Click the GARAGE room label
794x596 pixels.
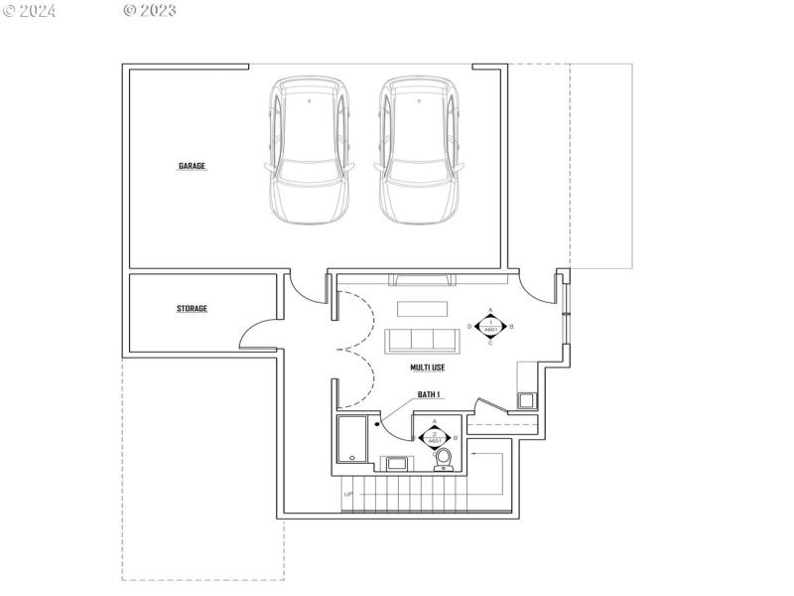pyautogui.click(x=192, y=166)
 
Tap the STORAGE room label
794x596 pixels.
pyautogui.click(x=192, y=309)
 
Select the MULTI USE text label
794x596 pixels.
pyautogui.click(x=428, y=368)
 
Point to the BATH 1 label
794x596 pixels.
pyautogui.click(x=429, y=394)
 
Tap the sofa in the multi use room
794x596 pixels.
pyautogui.click(x=423, y=341)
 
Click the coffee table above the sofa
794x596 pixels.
pyautogui.click(x=423, y=308)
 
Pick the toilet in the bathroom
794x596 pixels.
pyautogui.click(x=444, y=458)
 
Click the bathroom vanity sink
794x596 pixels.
pyautogui.click(x=395, y=463)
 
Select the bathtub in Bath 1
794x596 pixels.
pyautogui.click(x=351, y=439)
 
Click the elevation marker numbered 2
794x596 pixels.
pyautogui.click(x=435, y=437)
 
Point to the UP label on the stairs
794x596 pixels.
pyautogui.click(x=348, y=494)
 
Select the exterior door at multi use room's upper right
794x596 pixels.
pyautogui.click(x=540, y=288)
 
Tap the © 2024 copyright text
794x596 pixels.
pyautogui.click(x=30, y=11)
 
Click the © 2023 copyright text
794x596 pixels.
pyautogui.click(x=150, y=11)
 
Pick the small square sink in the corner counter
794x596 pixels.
pyautogui.click(x=526, y=400)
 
